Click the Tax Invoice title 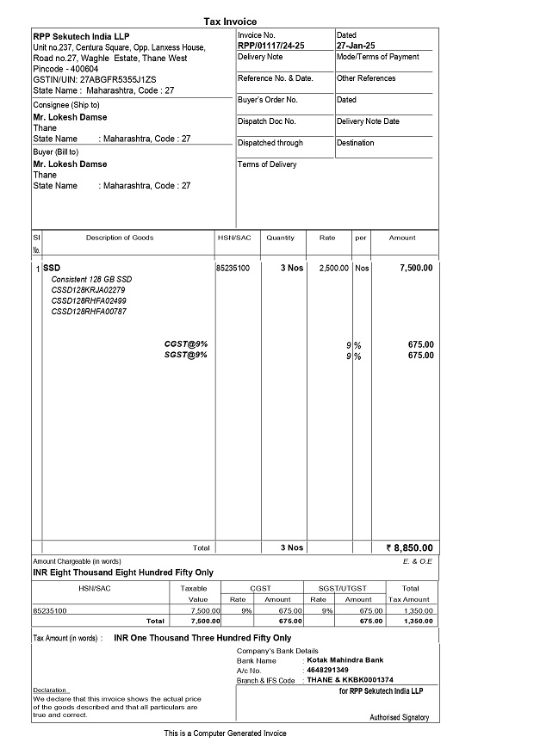(x=230, y=22)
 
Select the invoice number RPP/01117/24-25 (x=270, y=46)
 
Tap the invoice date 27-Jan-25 (x=356, y=46)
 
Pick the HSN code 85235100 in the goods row (x=233, y=268)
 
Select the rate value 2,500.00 (x=333, y=268)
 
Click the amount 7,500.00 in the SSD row (x=416, y=268)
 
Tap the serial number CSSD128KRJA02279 (x=89, y=290)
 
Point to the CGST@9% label (x=186, y=344)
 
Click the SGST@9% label (x=186, y=355)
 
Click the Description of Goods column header (x=120, y=238)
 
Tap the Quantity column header (x=280, y=238)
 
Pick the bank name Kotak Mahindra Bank (x=345, y=660)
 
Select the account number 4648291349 (x=327, y=670)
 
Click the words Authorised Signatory (x=399, y=717)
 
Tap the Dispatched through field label (x=270, y=143)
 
